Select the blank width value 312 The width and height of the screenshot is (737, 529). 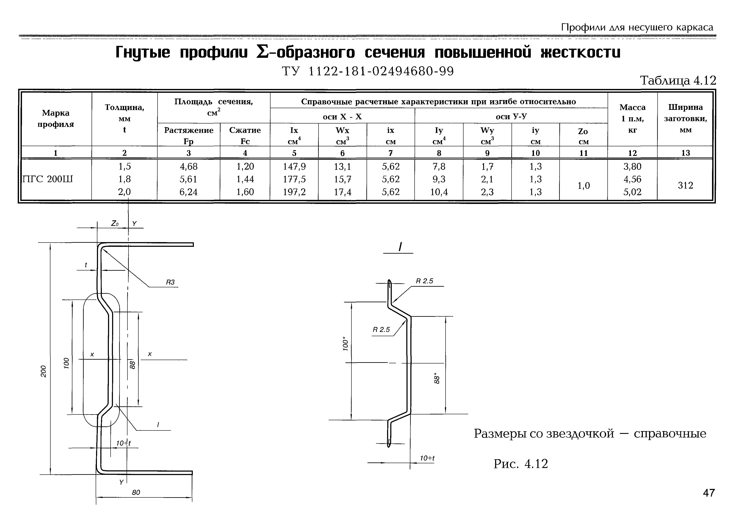(685, 185)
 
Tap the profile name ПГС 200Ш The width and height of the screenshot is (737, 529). (47, 179)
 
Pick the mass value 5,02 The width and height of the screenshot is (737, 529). (632, 192)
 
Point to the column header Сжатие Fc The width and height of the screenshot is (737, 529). (245, 135)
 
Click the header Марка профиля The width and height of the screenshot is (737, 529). (56, 119)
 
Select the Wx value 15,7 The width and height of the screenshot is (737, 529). (342, 179)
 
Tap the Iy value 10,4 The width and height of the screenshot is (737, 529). (439, 192)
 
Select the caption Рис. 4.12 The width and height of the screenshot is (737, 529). (521, 464)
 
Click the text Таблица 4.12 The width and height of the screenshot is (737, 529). (678, 80)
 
